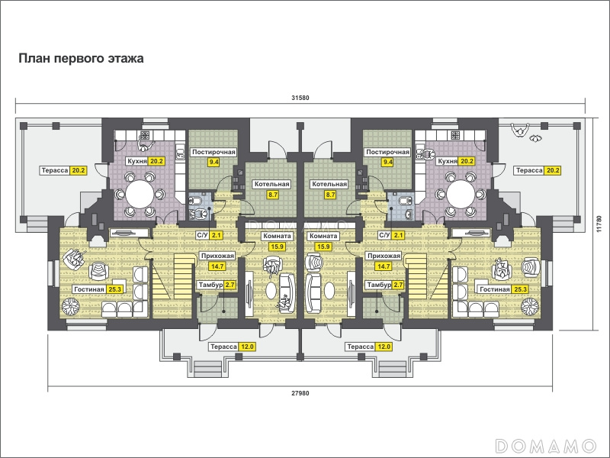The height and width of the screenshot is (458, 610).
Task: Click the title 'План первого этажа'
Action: click(x=82, y=59)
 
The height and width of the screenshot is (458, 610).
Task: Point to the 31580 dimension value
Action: click(x=300, y=98)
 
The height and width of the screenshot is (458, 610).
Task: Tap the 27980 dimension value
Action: click(x=300, y=393)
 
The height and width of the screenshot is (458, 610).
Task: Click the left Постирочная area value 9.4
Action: click(x=213, y=162)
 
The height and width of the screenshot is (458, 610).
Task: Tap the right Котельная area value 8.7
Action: click(x=330, y=195)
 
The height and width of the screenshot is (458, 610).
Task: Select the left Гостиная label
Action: click(x=89, y=289)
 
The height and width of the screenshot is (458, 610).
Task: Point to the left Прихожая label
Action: click(x=217, y=256)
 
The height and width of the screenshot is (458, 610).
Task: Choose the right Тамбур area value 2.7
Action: click(x=398, y=285)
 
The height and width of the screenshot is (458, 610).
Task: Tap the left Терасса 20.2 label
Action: click(x=55, y=170)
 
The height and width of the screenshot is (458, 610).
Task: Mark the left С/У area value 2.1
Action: click(x=217, y=235)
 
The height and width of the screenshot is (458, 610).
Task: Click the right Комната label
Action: click(x=323, y=236)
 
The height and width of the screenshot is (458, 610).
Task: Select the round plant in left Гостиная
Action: click(x=71, y=307)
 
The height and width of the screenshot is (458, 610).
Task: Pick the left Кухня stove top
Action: click(x=145, y=136)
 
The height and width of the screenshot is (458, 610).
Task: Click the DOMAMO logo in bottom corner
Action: click(x=546, y=446)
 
